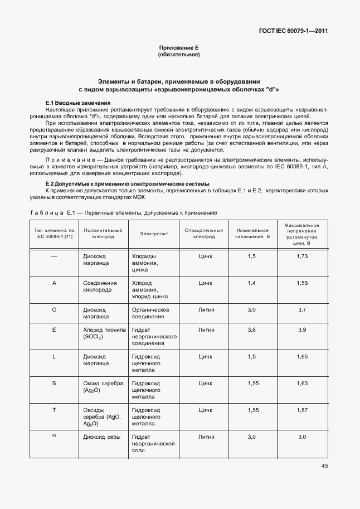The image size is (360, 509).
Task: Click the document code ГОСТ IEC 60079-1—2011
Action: [x=294, y=31]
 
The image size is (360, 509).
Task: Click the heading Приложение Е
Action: [x=179, y=49]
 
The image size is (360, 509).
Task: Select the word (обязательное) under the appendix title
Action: [x=179, y=55]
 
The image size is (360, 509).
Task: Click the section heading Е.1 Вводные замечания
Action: [x=77, y=103]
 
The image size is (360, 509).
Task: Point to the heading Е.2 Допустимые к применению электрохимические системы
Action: [x=127, y=183]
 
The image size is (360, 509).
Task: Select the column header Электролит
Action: [x=153, y=234]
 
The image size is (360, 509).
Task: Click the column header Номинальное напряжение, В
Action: [x=252, y=233]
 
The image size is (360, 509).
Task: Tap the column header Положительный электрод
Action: [x=103, y=233]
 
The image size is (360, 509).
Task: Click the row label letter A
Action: [x=54, y=283]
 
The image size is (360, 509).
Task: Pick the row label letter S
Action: [x=54, y=383]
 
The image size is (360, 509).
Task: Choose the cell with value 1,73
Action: [x=302, y=256]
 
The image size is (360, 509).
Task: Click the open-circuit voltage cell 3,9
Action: [x=302, y=330]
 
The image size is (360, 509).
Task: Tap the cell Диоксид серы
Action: [x=102, y=437]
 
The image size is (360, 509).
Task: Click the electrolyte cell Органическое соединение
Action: [x=150, y=313]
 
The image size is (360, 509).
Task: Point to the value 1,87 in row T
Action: [x=302, y=410]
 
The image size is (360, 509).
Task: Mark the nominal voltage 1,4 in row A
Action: [x=251, y=283]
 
